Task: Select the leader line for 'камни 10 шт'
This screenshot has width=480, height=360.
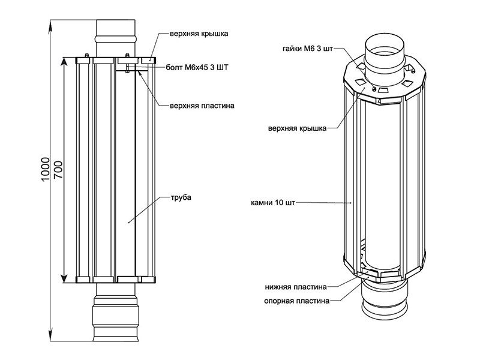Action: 324,203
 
